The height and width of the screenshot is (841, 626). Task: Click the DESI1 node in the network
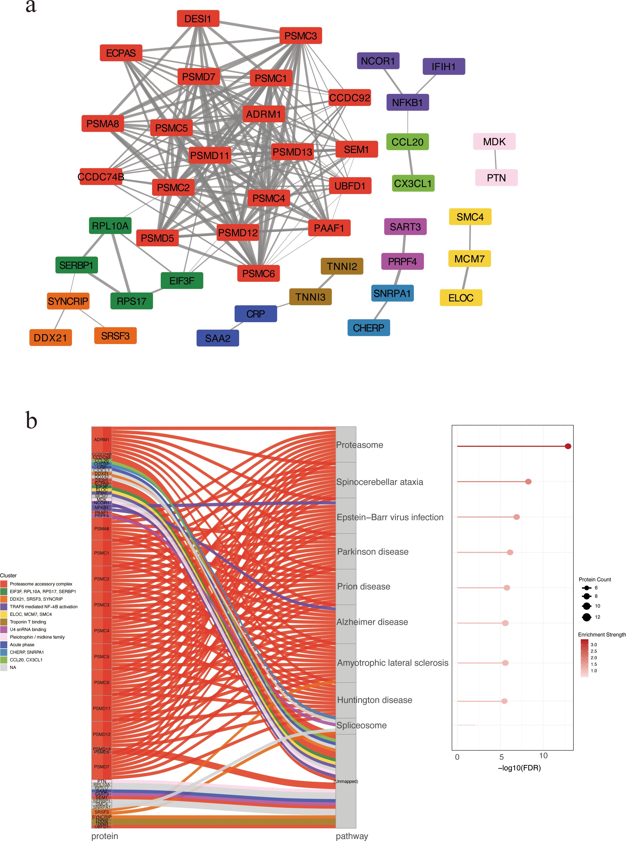pyautogui.click(x=198, y=19)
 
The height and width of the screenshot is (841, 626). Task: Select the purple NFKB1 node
pyautogui.click(x=407, y=102)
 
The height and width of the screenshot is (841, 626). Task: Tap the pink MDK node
pyautogui.click(x=494, y=141)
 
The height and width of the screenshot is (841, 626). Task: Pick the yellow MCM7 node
pyautogui.click(x=470, y=259)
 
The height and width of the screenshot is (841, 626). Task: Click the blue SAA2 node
pyautogui.click(x=217, y=338)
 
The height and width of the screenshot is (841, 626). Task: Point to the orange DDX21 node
pyautogui.click(x=50, y=338)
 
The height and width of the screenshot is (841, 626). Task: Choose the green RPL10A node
pyautogui.click(x=110, y=226)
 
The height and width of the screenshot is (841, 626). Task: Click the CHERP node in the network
pyautogui.click(x=368, y=328)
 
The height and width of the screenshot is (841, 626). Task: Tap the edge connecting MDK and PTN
pyautogui.click(x=495, y=160)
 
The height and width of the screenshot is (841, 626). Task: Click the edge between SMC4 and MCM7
pyautogui.click(x=470, y=238)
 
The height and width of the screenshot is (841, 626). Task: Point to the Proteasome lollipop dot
pyautogui.click(x=568, y=446)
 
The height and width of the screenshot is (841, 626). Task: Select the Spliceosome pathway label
pyautogui.click(x=362, y=725)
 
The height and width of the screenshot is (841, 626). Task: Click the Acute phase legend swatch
pyautogui.click(x=4, y=644)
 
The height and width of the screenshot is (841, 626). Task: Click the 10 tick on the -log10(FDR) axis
pyautogui.click(x=543, y=756)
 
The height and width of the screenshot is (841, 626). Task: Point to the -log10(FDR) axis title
pyautogui.click(x=519, y=767)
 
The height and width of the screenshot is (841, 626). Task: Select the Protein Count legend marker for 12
pyautogui.click(x=587, y=617)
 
